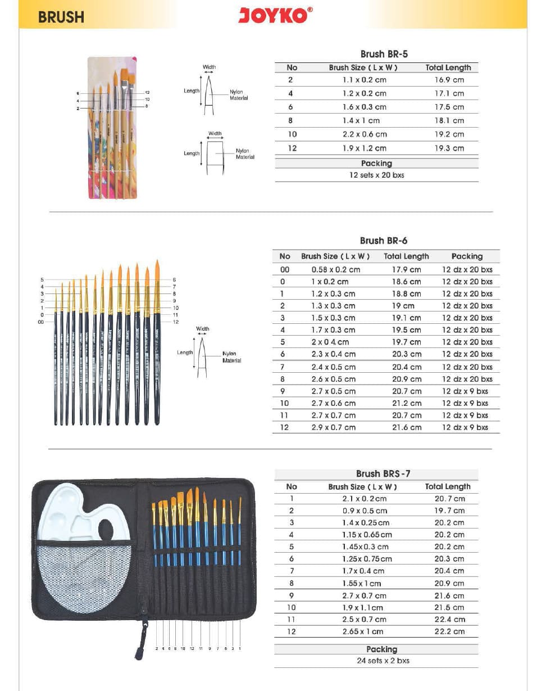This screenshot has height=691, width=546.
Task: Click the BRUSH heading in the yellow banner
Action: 61,17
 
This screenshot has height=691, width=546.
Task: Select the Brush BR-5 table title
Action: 384,54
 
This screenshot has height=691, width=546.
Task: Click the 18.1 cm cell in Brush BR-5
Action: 449,120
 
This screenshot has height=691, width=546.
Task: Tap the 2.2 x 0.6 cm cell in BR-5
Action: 365,134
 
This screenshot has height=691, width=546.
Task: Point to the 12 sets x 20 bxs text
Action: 376,175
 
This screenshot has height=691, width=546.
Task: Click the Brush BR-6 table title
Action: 384,241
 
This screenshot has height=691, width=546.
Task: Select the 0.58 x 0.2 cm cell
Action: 336,269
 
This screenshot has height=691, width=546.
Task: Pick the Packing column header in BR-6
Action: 467,256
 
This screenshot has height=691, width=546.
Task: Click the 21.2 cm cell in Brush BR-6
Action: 406,403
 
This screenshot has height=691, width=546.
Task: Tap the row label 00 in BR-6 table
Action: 285,269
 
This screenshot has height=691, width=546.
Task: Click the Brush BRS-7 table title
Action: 383,473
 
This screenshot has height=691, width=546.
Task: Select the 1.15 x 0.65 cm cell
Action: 367,535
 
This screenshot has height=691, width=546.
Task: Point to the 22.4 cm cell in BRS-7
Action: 449,619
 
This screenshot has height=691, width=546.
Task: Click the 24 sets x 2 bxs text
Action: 383,661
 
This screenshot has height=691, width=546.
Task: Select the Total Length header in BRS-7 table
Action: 448,486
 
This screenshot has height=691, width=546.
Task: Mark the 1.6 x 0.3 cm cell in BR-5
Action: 365,107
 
